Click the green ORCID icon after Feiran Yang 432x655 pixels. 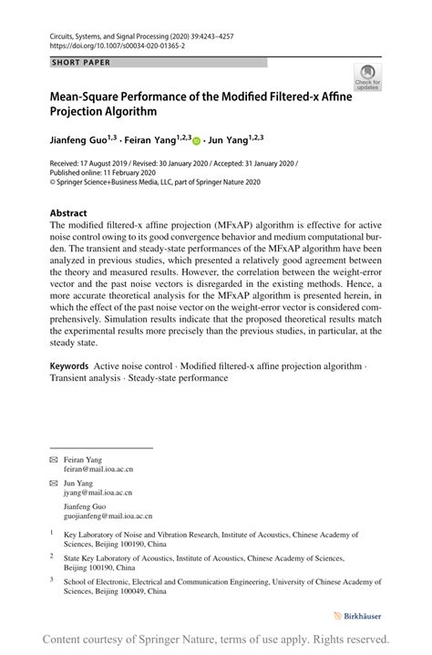(196, 142)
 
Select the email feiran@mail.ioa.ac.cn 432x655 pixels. (104, 468)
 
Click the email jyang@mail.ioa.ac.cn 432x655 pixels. (101, 493)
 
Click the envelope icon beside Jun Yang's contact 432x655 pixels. (54, 484)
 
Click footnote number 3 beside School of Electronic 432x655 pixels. (53, 579)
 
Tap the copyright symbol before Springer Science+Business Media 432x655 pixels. (54, 182)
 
